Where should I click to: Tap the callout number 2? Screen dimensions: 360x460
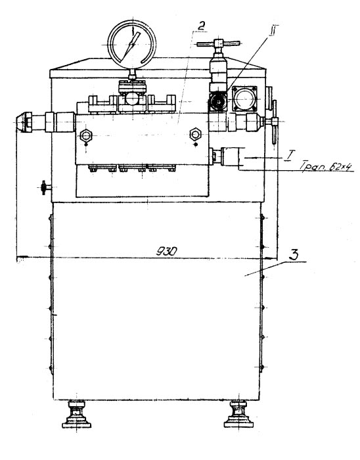pos(201,26)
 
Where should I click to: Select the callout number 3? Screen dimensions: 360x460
pos(294,254)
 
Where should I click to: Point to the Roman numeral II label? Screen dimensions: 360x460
pos(273,30)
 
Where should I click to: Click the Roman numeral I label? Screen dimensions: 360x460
pos(288,155)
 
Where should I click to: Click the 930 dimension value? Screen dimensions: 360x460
pos(166,251)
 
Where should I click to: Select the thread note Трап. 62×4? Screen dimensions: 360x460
pos(326,167)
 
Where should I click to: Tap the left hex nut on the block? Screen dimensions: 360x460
pos(86,135)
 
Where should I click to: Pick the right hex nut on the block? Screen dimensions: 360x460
pos(195,134)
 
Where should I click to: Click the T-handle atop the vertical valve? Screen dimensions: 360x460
pos(218,44)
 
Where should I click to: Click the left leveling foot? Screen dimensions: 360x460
pos(76,415)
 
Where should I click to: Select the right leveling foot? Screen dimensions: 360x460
pos(238,414)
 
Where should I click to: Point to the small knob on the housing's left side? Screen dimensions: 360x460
pos(45,187)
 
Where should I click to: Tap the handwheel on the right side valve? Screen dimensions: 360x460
pos(275,122)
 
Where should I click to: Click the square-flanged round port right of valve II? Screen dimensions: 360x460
pos(244,99)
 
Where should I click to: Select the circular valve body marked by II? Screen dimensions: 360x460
pos(218,101)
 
